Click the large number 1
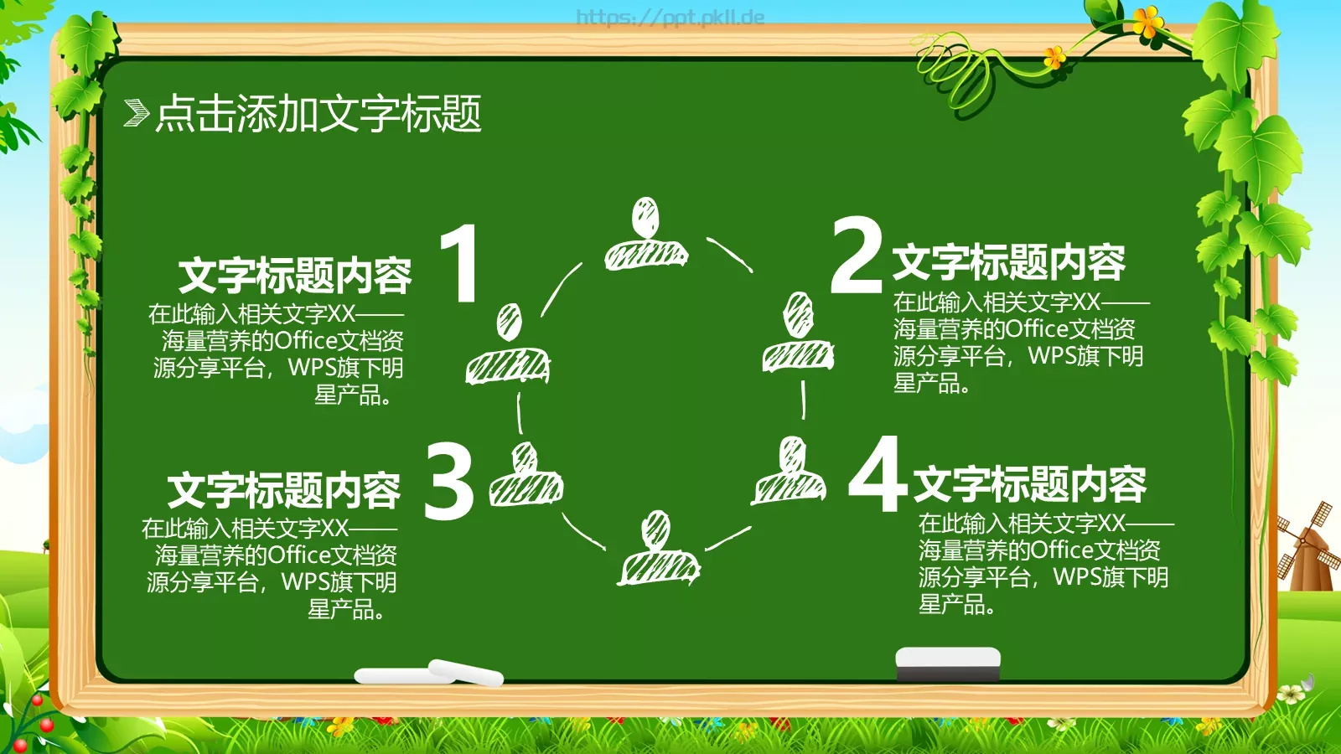pyautogui.click(x=461, y=262)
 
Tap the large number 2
pyautogui.click(x=856, y=255)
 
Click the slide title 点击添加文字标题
pyautogui.click(x=318, y=113)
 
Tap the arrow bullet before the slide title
pyautogui.click(x=136, y=113)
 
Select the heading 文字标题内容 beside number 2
pyautogui.click(x=1008, y=262)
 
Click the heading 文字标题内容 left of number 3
pyautogui.click(x=284, y=491)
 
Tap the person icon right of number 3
pyautogui.click(x=526, y=474)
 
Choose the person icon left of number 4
pyautogui.click(x=790, y=471)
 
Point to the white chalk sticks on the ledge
pyautogui.click(x=429, y=673)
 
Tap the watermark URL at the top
pyautogui.click(x=670, y=18)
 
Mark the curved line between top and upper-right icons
pyautogui.click(x=729, y=254)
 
